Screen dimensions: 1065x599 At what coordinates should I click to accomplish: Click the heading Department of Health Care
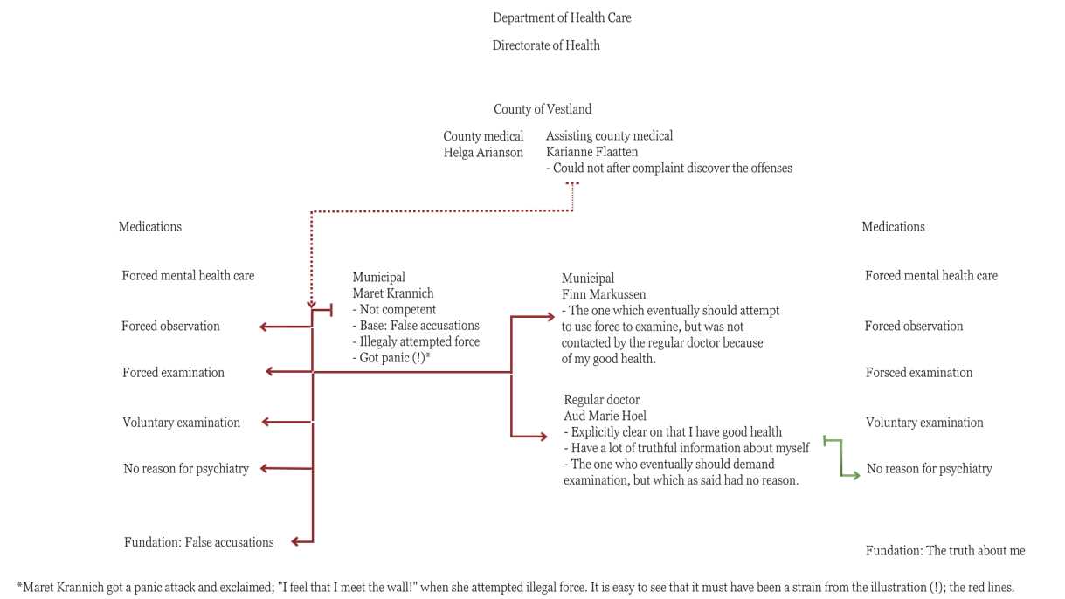pos(562,18)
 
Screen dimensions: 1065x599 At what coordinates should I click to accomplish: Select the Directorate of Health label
pos(546,45)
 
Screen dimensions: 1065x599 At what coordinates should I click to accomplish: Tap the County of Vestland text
pos(542,109)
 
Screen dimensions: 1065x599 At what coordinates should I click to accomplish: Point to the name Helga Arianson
pos(483,153)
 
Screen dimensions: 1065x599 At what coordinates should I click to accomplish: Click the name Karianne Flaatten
pos(591,152)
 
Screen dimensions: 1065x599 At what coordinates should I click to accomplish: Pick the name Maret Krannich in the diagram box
pos(393,293)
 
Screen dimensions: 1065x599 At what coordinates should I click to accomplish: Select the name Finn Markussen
pos(604,294)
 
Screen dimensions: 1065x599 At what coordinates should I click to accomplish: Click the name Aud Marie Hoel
pos(605,417)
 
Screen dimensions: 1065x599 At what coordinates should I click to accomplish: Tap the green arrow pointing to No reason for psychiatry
pos(841,458)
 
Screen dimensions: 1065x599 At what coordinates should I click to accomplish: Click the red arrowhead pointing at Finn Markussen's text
pos(550,316)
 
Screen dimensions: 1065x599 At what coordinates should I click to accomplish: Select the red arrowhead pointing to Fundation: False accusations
pos(295,541)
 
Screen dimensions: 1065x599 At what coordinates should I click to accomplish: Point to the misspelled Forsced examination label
pos(918,373)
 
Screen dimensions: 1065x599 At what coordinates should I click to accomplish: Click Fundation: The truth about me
pos(945,551)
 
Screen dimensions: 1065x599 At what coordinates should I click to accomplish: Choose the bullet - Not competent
pos(394,310)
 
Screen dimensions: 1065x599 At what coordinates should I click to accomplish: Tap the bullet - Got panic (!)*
pos(391,358)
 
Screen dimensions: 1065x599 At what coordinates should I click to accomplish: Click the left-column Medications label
pos(149,226)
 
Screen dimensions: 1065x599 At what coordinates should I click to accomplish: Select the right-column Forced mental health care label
pos(931,276)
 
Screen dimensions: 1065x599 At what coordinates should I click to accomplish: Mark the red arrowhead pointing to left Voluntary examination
pos(266,422)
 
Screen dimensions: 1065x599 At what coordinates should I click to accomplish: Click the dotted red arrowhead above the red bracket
pos(311,305)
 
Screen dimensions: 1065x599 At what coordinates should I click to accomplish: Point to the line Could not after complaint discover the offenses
pos(669,169)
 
